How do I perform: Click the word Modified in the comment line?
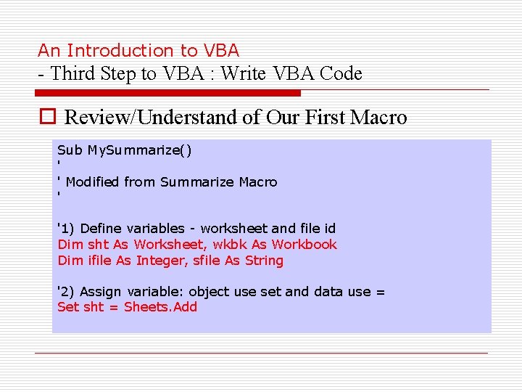click(x=93, y=181)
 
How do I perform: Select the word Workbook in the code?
click(x=304, y=245)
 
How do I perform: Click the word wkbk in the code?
click(x=230, y=245)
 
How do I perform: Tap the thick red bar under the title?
click(x=168, y=93)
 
